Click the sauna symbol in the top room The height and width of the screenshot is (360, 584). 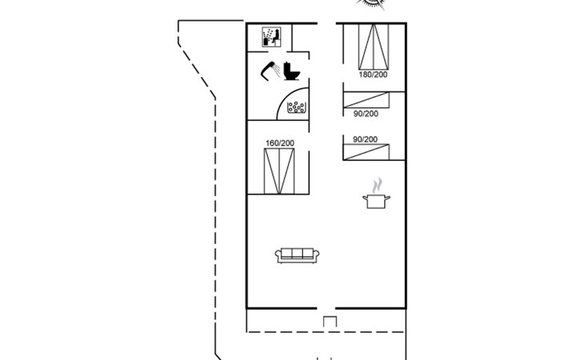(271, 37)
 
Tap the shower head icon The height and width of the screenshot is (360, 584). (270, 70)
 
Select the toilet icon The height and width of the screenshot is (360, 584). (292, 70)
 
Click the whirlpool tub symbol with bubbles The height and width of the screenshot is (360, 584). (297, 107)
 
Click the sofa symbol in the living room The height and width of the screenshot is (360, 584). (297, 255)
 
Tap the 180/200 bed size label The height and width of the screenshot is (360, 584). (373, 74)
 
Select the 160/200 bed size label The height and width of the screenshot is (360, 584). (280, 143)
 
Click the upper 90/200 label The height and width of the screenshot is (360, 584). (366, 114)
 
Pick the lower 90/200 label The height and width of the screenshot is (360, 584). (365, 139)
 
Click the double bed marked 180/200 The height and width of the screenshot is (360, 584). (374, 46)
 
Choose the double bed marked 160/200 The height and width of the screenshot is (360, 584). (279, 171)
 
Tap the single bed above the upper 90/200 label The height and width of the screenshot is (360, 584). (366, 100)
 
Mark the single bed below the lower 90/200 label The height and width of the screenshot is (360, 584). (366, 152)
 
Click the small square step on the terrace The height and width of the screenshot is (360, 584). (330, 322)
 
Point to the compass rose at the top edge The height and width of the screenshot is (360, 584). (370, 4)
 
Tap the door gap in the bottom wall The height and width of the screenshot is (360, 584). (326, 308)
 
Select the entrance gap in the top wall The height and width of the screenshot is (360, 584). (326, 23)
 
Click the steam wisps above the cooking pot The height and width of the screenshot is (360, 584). (378, 185)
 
